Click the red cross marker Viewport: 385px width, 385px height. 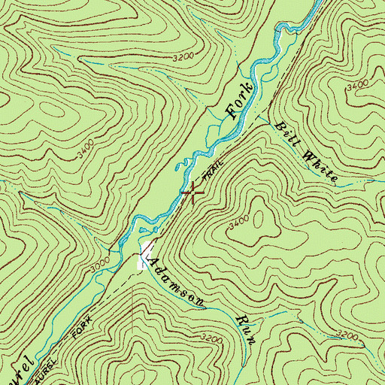(193, 192)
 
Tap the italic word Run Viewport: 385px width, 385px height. (247, 329)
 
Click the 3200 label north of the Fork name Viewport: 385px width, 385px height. (183, 57)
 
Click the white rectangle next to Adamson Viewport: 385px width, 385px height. (144, 258)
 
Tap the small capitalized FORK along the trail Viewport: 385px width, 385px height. (80, 326)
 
